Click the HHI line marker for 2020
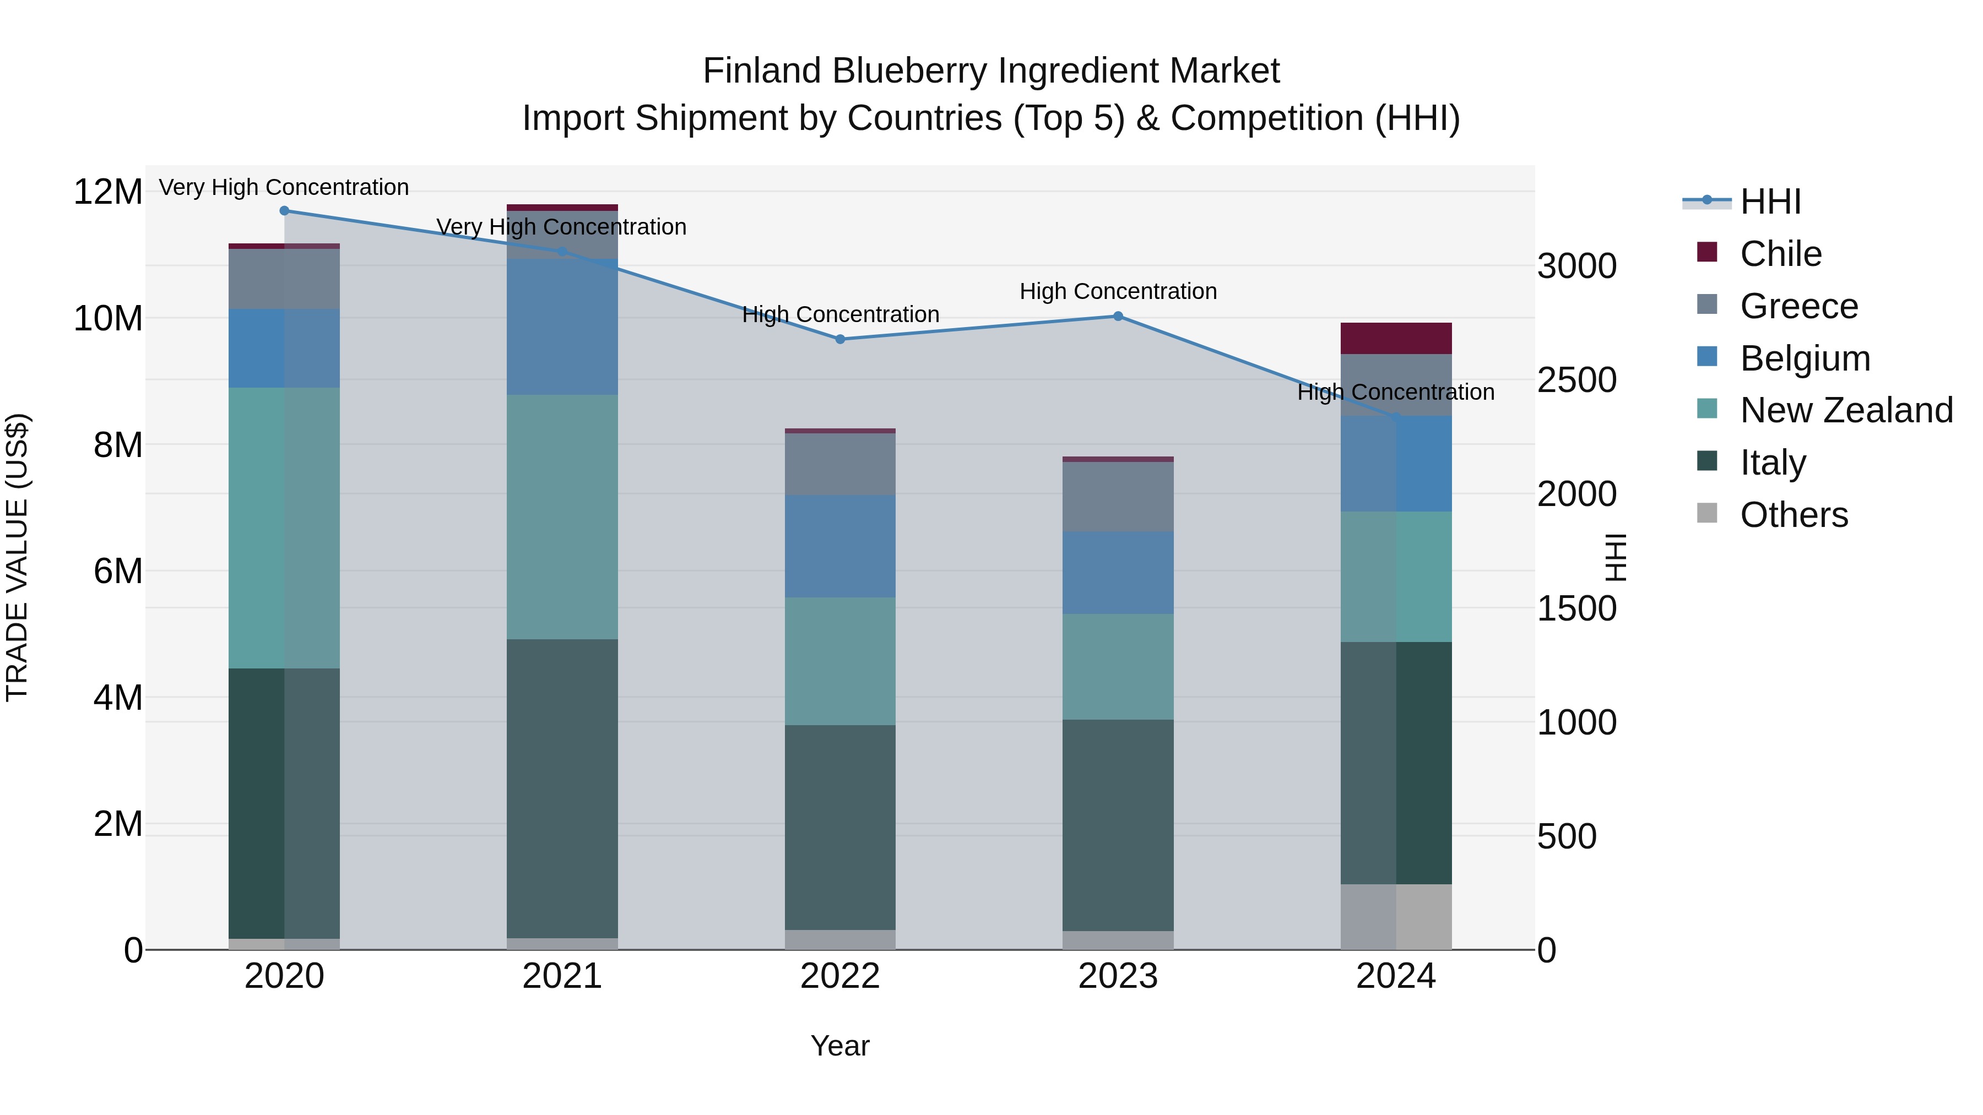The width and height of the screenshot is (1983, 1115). click(x=284, y=210)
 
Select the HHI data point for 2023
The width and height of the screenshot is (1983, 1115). click(x=1118, y=316)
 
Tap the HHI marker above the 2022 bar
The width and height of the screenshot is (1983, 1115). click(x=840, y=339)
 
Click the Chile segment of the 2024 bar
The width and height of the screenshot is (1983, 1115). click(x=1396, y=338)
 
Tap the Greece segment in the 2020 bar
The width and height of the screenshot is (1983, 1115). click(x=284, y=279)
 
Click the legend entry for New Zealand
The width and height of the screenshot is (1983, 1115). click(x=1846, y=410)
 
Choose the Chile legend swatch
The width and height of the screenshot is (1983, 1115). click(x=1706, y=252)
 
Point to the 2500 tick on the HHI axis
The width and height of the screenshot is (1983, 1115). click(x=1576, y=380)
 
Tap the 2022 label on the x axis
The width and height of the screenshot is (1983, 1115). click(x=840, y=976)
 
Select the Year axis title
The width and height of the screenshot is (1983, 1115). click(x=840, y=1046)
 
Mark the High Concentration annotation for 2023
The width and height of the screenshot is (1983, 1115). click(x=1118, y=292)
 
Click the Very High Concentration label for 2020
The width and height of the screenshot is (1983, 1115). click(x=284, y=187)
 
